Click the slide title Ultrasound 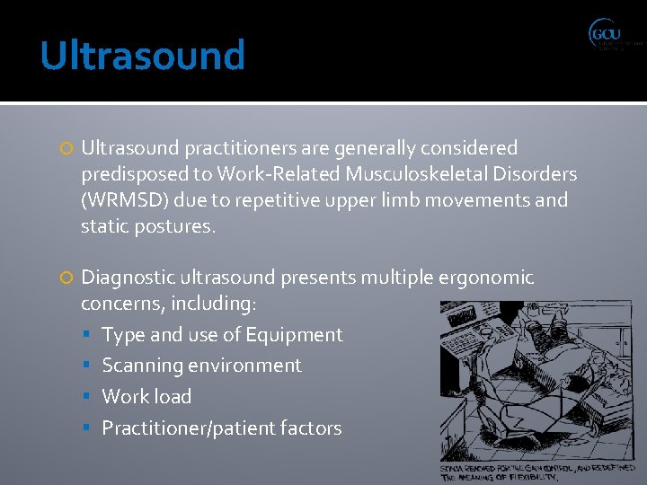click(x=143, y=56)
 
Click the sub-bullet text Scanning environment click(x=201, y=366)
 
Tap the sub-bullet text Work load click(x=146, y=396)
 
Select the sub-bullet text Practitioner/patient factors click(x=221, y=428)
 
